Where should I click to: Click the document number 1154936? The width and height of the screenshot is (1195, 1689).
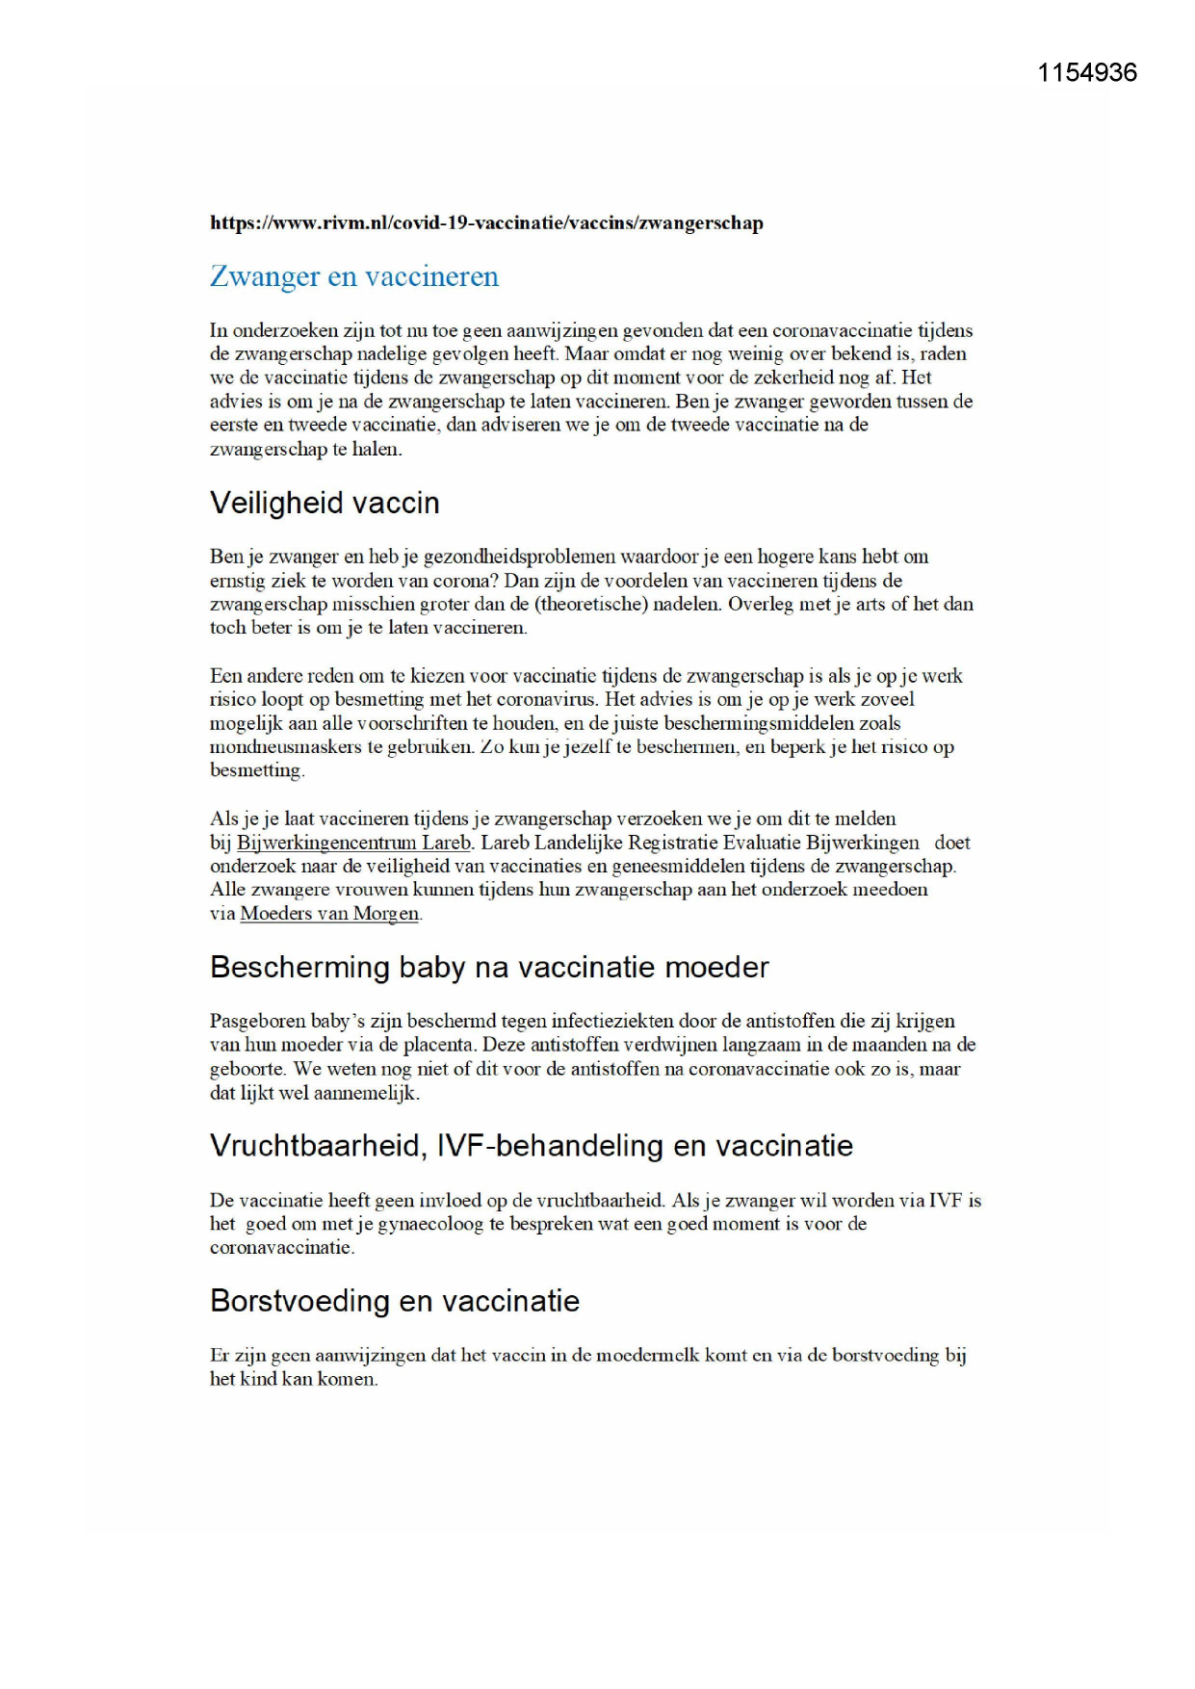(1086, 73)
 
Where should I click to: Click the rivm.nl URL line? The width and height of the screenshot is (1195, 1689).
(486, 223)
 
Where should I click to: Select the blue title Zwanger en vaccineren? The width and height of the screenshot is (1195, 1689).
(353, 276)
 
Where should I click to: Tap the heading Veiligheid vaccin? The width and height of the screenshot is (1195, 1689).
(325, 503)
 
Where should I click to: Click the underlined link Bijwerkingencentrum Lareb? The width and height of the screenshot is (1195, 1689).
(353, 843)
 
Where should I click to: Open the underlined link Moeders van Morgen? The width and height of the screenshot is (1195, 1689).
(329, 914)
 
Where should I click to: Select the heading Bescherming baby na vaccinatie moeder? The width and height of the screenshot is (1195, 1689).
(489, 967)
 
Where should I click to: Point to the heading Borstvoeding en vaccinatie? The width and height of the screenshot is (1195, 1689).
(395, 1301)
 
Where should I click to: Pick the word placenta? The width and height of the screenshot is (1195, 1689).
(440, 1045)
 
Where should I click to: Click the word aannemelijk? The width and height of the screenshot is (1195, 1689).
(367, 1093)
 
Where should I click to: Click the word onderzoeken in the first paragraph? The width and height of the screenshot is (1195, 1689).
(285, 330)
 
